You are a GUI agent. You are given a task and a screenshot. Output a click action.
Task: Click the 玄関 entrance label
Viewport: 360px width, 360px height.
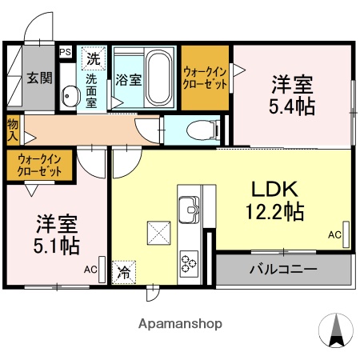coord(38,78)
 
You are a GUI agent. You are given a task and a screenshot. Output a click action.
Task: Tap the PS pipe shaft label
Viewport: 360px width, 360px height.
coord(65,53)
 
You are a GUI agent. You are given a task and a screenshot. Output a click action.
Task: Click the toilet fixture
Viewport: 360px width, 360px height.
coord(195,129)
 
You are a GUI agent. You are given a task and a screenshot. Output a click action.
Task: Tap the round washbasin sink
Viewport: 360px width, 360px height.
coord(68,97)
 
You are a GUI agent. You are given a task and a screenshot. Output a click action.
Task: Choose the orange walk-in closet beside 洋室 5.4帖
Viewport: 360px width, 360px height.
coord(206,78)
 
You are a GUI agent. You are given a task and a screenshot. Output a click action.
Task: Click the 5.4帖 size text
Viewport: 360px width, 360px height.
coord(291,106)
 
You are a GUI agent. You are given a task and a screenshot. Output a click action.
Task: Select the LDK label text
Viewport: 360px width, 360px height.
coord(275,190)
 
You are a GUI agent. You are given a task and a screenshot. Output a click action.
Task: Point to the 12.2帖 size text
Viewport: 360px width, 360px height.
coord(274,212)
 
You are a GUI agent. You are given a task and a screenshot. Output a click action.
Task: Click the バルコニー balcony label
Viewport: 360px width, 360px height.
coord(283,269)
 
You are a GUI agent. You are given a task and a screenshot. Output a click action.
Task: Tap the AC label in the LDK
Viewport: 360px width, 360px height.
coord(334,234)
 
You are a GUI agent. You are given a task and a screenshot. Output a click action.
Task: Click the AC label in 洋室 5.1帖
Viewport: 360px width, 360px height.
coord(90,270)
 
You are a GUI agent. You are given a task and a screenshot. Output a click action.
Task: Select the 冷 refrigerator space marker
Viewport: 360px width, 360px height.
coord(124,273)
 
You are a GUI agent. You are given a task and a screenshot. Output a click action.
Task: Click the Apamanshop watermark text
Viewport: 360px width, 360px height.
coord(181,324)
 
